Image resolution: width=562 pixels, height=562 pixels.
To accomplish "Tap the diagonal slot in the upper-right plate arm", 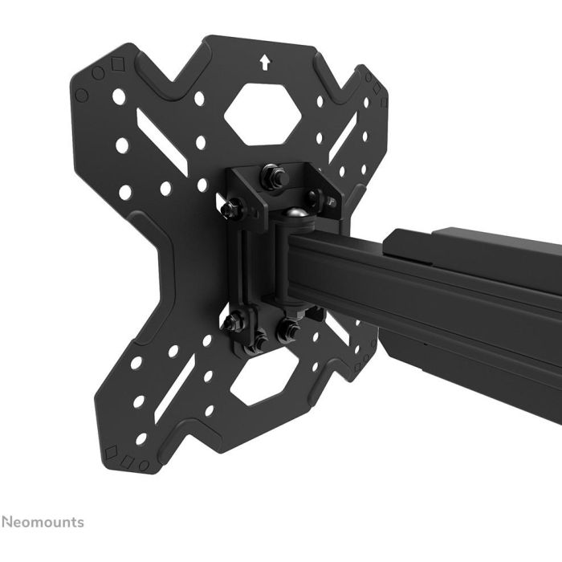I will (x=344, y=132).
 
